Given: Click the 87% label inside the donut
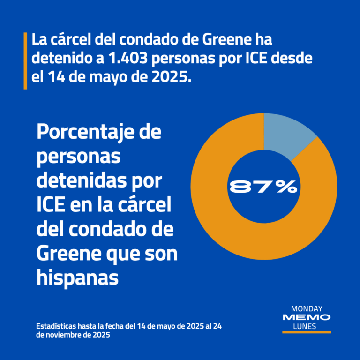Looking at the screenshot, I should [x=263, y=187].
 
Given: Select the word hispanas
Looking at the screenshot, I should [x=77, y=278].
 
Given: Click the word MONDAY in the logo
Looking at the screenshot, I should [x=307, y=309].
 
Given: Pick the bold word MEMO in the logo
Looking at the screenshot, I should [x=307, y=318].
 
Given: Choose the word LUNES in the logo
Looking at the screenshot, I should [x=307, y=326].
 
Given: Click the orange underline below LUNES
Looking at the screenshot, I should [x=307, y=332].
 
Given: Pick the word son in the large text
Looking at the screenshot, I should [x=165, y=254].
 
